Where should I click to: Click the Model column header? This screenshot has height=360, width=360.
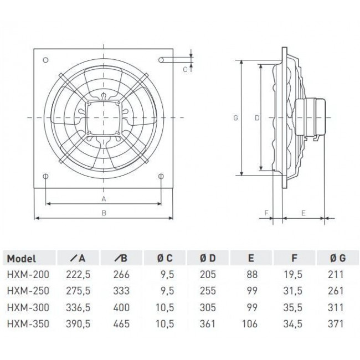(23, 258)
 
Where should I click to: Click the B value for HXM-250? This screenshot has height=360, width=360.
(122, 291)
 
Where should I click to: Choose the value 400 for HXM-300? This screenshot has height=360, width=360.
(122, 307)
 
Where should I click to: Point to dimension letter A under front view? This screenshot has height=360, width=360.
(104, 198)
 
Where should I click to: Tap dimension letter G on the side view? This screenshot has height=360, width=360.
(235, 118)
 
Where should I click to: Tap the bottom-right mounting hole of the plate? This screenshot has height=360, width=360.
(161, 177)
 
